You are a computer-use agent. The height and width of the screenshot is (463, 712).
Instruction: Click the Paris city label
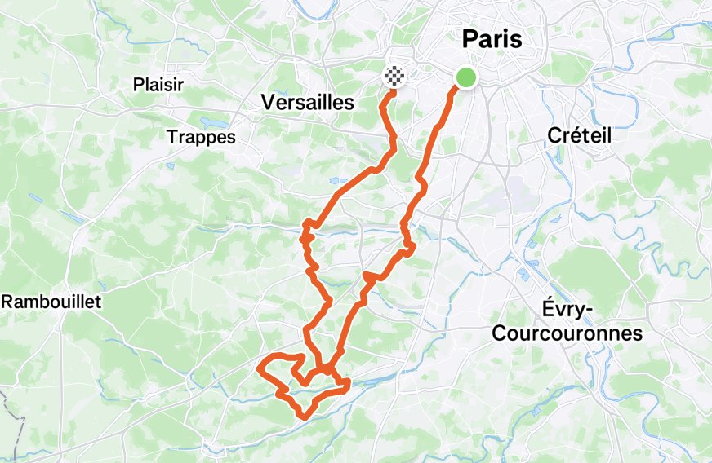pyautogui.click(x=492, y=38)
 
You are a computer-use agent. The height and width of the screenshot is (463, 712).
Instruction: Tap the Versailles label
pyautogui.click(x=307, y=102)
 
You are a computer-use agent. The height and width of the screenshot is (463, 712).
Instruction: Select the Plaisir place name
pyautogui.click(x=158, y=85)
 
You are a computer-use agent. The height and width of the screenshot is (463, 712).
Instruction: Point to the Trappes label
pyautogui.click(x=201, y=136)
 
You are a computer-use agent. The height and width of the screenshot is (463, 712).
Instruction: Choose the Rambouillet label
pyautogui.click(x=51, y=302)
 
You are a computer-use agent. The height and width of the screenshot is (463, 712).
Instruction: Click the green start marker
pyautogui.click(x=465, y=77)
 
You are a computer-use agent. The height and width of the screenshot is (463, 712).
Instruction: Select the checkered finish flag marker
pyautogui.click(x=394, y=77)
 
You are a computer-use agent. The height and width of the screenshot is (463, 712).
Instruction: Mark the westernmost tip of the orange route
pyautogui.click(x=259, y=368)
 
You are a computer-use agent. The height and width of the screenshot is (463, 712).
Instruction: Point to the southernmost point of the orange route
pyautogui.click(x=304, y=417)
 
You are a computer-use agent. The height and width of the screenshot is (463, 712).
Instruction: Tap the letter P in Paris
pyautogui.click(x=469, y=38)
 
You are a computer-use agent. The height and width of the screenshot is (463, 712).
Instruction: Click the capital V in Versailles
pyautogui.click(x=268, y=102)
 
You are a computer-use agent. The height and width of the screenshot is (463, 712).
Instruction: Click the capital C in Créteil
pyautogui.click(x=552, y=136)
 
